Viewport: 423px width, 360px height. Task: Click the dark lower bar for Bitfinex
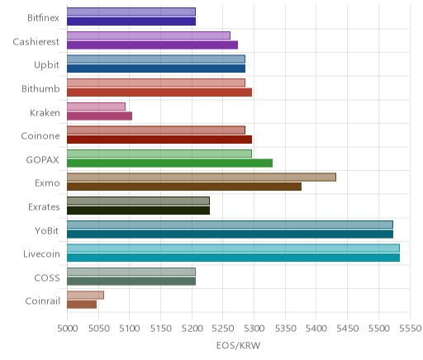tap(131, 21)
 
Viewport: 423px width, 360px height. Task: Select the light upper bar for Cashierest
tap(149, 36)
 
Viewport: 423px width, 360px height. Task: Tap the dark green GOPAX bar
tap(169, 163)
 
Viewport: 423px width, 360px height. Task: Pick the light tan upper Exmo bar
tap(202, 178)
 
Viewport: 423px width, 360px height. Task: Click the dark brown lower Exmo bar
tap(184, 187)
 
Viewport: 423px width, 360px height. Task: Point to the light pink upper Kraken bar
tap(96, 107)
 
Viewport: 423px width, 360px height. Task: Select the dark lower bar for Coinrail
tap(82, 305)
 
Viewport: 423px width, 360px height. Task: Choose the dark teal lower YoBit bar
tap(230, 234)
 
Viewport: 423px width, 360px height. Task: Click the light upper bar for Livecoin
tap(233, 248)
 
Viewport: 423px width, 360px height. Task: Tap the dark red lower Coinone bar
tap(159, 140)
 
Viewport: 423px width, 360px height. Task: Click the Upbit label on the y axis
tap(46, 65)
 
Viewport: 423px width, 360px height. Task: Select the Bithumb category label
tap(40, 88)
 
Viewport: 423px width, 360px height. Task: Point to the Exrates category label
tap(44, 206)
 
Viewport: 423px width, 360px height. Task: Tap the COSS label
tap(47, 277)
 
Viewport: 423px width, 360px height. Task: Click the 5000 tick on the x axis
tap(68, 329)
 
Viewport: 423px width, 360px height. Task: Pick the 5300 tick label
tap(254, 329)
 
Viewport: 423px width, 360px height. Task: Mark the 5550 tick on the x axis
tap(410, 329)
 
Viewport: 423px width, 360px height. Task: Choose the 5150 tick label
tap(161, 329)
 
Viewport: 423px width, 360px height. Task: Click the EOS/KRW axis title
tap(238, 345)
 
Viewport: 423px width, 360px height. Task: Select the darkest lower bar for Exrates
tap(138, 211)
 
